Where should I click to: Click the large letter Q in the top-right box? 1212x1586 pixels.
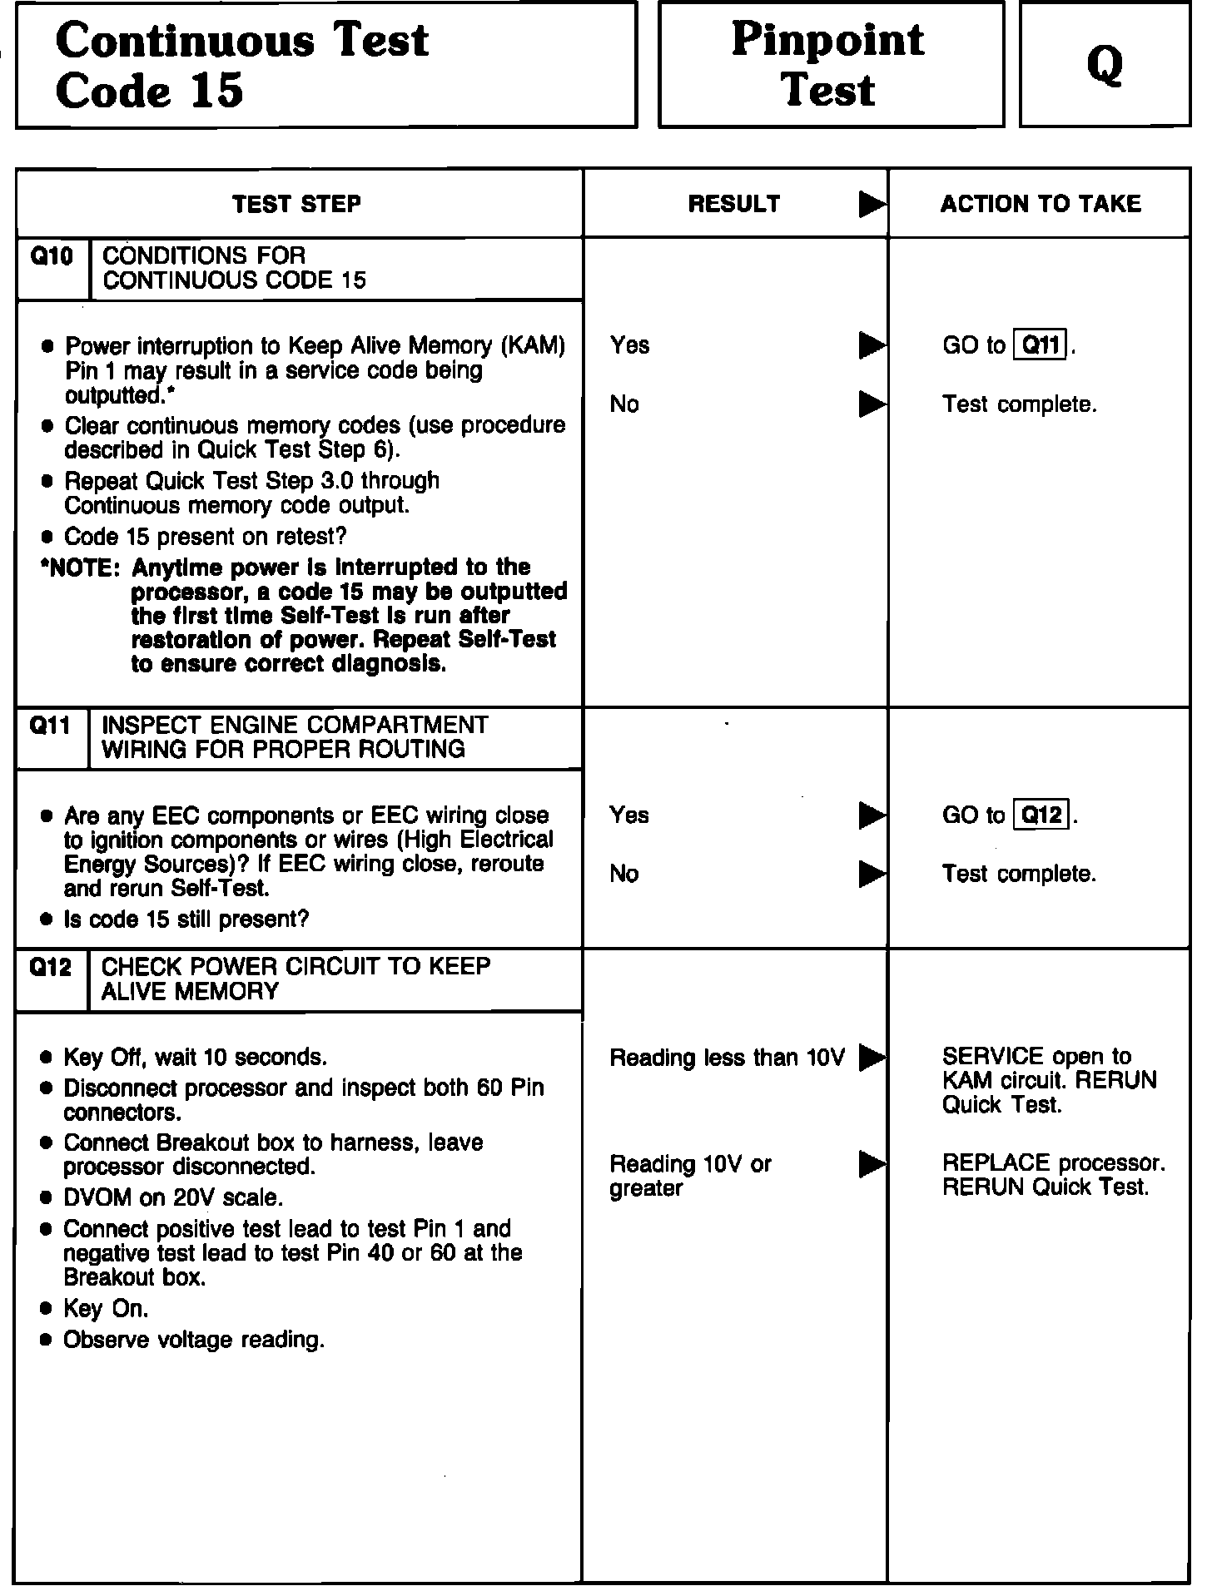pos(1105,65)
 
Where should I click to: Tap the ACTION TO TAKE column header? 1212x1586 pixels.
pos(1041,204)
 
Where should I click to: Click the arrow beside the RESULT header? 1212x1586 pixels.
pos(872,205)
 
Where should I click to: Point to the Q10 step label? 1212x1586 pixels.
pos(52,256)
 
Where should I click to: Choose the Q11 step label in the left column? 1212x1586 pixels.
pos(50,726)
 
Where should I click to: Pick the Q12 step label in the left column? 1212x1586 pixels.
pos(50,967)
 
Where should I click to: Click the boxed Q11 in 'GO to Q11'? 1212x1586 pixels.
pos(1041,344)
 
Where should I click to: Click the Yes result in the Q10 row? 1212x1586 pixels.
pos(629,344)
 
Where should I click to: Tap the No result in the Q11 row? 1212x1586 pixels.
pos(624,874)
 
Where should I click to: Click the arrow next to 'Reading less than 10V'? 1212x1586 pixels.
pos(872,1058)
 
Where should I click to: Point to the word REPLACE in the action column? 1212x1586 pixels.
pos(989,1162)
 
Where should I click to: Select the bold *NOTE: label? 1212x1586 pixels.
pos(80,568)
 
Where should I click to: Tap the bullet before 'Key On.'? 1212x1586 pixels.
pos(47,1310)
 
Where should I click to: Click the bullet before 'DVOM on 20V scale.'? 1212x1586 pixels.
pos(47,1198)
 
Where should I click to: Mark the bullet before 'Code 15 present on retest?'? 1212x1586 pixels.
pos(47,538)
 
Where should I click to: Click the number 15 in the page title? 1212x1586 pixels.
pos(216,90)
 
